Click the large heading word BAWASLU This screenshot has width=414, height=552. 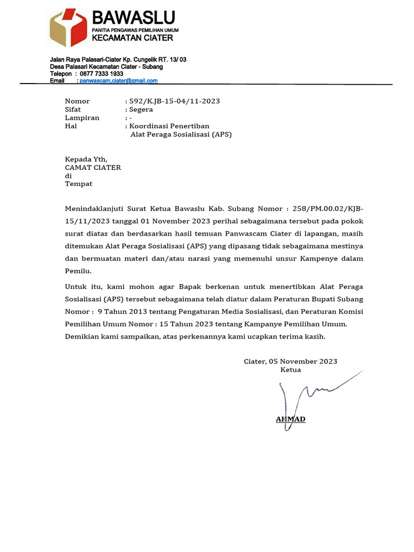133,18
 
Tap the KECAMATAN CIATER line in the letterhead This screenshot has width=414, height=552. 132,38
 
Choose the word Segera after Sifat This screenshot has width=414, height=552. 141,109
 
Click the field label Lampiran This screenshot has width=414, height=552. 82,118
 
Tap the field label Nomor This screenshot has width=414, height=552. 77,101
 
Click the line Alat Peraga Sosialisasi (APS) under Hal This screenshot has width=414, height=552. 181,134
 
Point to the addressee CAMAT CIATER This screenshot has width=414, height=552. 93,167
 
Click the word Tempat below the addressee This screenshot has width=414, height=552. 78,184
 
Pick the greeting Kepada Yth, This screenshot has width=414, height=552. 86,159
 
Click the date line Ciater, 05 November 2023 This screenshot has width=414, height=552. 290,361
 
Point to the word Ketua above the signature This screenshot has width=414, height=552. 291,370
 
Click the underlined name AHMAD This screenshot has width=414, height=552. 291,419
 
